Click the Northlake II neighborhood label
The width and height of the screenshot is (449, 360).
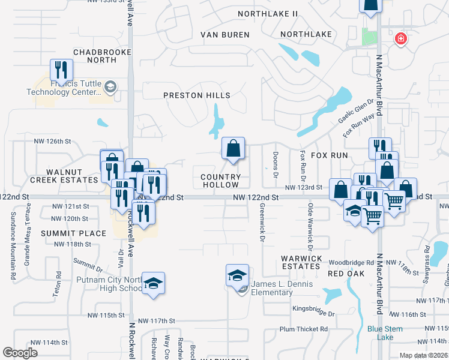[268, 13]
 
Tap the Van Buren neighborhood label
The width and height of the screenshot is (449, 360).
[224, 35]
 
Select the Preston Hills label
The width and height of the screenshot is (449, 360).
[197, 95]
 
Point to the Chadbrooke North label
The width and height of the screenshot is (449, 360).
[94, 56]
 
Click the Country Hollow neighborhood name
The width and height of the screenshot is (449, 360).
[220, 181]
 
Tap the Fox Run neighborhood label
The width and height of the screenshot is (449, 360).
[329, 155]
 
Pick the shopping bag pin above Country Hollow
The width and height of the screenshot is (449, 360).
[233, 148]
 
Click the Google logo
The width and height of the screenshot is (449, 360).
[20, 353]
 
